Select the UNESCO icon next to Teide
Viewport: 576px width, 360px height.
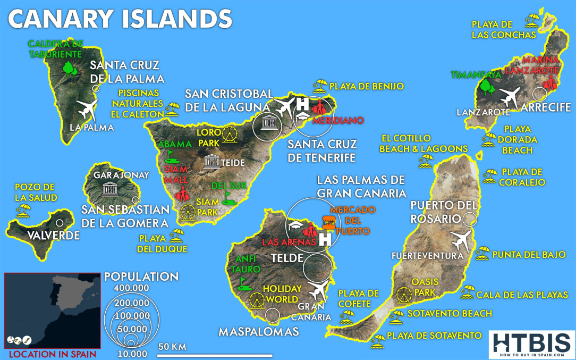coord(211,162)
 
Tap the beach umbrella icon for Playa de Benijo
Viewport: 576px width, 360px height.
coord(320,85)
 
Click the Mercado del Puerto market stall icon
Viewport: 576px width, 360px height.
coord(329,222)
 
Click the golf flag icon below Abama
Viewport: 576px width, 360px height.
coord(171,155)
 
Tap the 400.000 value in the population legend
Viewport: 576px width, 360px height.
coord(129,288)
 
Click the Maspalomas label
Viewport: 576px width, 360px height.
coord(259,331)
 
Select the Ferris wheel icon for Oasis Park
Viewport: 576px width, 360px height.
coord(403,295)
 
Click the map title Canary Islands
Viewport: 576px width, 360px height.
coord(120,19)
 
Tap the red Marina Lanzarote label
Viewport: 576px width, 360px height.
coord(540,64)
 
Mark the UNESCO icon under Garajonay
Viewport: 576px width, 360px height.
coord(110,189)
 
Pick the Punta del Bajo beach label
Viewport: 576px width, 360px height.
coord(528,255)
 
